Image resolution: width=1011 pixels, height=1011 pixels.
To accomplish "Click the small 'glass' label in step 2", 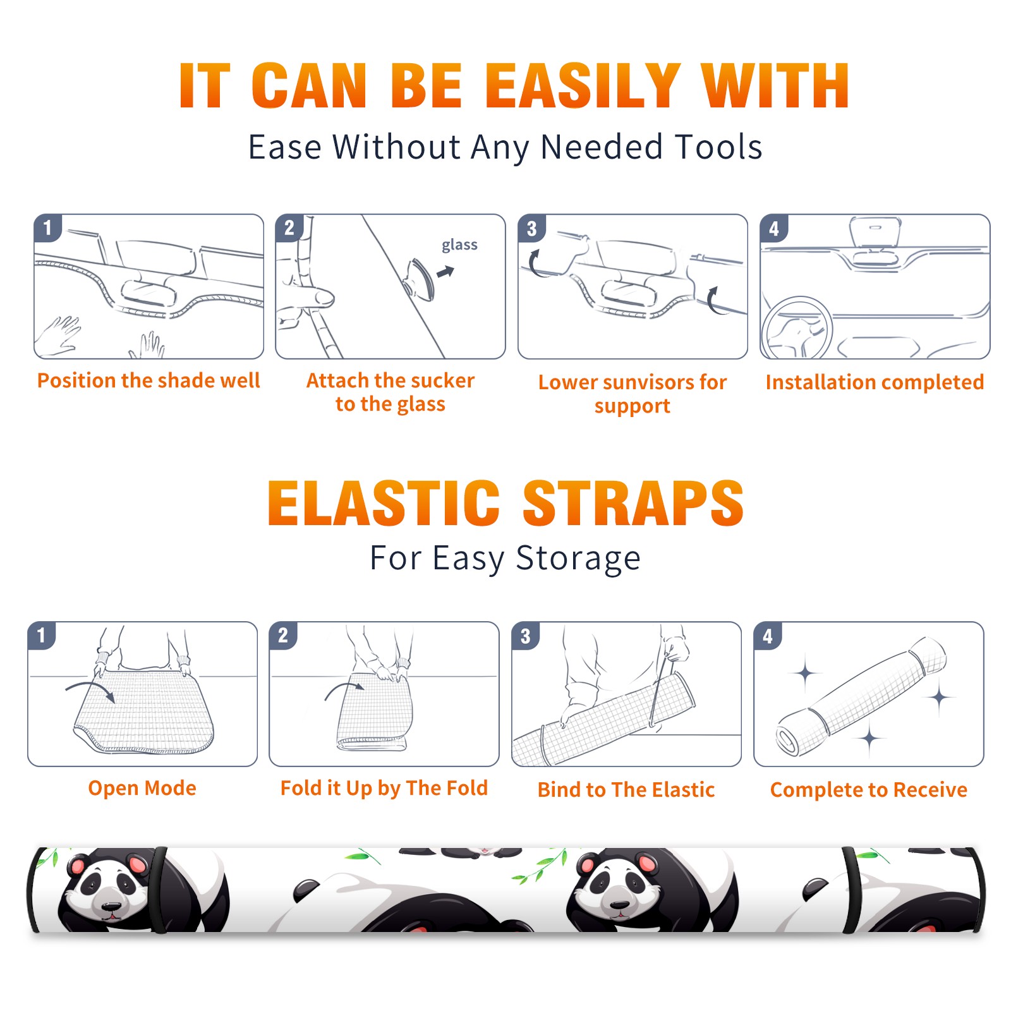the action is (x=459, y=245).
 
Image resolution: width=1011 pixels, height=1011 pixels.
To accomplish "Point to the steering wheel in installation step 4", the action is (x=796, y=329).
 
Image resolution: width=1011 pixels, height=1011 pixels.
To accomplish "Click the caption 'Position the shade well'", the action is (x=148, y=380).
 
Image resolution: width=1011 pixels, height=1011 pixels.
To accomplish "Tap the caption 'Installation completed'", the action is (x=875, y=382).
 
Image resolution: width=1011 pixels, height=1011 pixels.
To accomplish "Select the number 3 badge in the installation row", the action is (x=531, y=228).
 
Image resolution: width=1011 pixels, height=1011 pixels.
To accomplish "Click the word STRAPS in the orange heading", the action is (x=633, y=503).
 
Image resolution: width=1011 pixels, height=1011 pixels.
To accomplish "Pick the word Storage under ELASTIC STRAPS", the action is (x=578, y=559).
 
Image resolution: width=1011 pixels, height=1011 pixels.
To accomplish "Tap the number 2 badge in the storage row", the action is (x=282, y=635).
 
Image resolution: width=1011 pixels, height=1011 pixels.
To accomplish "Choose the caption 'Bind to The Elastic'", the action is (x=626, y=790).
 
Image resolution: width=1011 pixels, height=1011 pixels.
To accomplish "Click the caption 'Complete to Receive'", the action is (x=868, y=790).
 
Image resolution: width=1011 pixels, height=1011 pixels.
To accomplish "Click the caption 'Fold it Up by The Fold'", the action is (x=384, y=789).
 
